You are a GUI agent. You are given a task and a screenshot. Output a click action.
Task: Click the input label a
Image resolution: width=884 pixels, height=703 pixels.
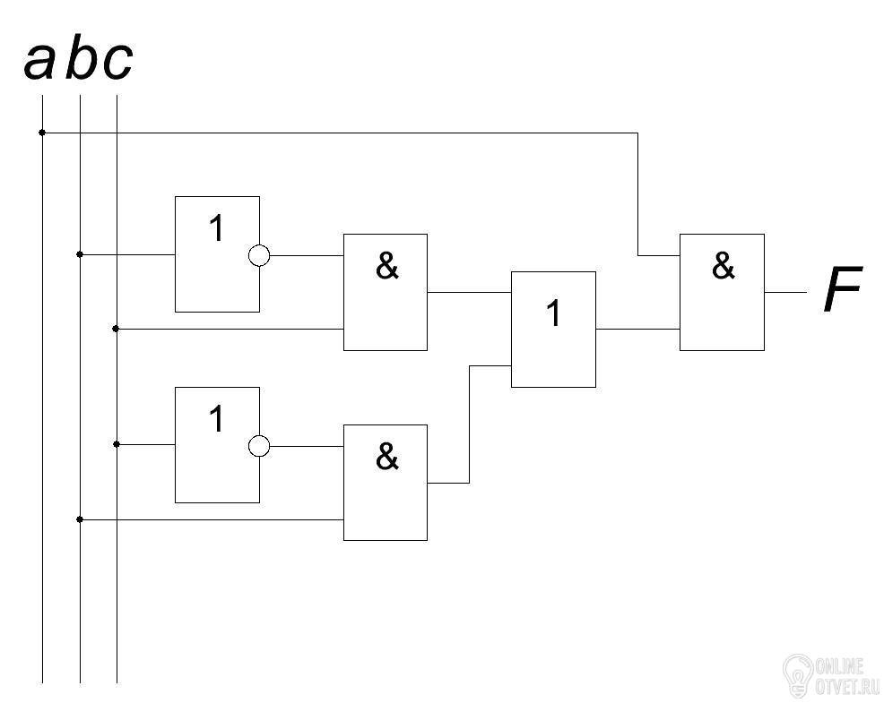(x=39, y=61)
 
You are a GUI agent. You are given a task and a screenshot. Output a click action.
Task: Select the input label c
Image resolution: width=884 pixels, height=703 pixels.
(x=117, y=61)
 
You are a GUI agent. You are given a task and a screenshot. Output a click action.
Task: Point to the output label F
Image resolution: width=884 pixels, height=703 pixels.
(x=843, y=289)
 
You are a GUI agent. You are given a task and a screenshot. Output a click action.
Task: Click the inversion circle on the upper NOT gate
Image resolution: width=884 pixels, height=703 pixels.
(x=259, y=255)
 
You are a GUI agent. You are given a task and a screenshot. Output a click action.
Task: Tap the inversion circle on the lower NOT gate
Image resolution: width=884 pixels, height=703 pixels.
(x=259, y=446)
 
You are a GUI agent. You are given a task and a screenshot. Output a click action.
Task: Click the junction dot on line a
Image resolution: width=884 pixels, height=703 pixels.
(x=42, y=133)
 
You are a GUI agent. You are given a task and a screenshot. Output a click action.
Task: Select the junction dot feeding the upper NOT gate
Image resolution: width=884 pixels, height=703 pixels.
(x=80, y=254)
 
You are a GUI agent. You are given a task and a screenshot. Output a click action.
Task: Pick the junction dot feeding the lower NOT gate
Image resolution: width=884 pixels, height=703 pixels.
(x=117, y=444)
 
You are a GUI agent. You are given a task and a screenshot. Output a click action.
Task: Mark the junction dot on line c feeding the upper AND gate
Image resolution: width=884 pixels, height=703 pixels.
(x=116, y=329)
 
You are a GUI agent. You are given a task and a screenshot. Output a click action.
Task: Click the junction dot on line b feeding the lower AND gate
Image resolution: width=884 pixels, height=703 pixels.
(x=80, y=519)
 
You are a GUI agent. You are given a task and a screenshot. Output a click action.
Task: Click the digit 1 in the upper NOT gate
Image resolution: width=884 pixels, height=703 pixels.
(x=216, y=228)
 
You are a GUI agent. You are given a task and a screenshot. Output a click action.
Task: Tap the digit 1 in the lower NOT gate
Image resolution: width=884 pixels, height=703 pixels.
(x=216, y=419)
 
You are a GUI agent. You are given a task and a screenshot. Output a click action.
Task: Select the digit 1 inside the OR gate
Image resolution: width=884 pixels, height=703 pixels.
(x=554, y=313)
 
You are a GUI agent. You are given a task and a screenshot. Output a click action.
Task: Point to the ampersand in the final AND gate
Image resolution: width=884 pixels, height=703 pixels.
(x=724, y=266)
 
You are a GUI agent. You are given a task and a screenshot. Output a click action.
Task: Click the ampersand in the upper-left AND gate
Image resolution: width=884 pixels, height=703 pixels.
(x=386, y=266)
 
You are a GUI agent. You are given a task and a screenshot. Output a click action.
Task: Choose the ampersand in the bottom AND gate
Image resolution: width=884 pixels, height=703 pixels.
(x=386, y=457)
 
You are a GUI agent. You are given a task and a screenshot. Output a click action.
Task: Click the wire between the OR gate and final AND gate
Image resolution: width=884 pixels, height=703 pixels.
(x=637, y=329)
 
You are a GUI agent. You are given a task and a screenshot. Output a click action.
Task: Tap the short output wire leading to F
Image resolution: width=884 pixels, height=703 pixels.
(x=785, y=292)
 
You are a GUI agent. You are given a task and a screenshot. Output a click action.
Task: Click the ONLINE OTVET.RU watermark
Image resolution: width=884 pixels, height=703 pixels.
(x=832, y=675)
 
